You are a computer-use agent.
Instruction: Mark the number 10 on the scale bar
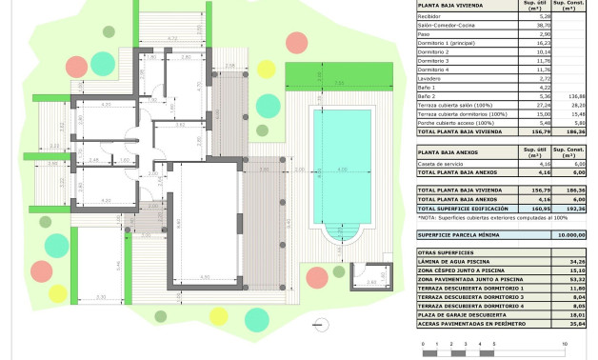click(565, 341)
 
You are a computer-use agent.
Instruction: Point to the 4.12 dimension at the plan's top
click(171, 39)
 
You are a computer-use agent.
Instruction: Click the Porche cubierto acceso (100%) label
click(452, 122)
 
